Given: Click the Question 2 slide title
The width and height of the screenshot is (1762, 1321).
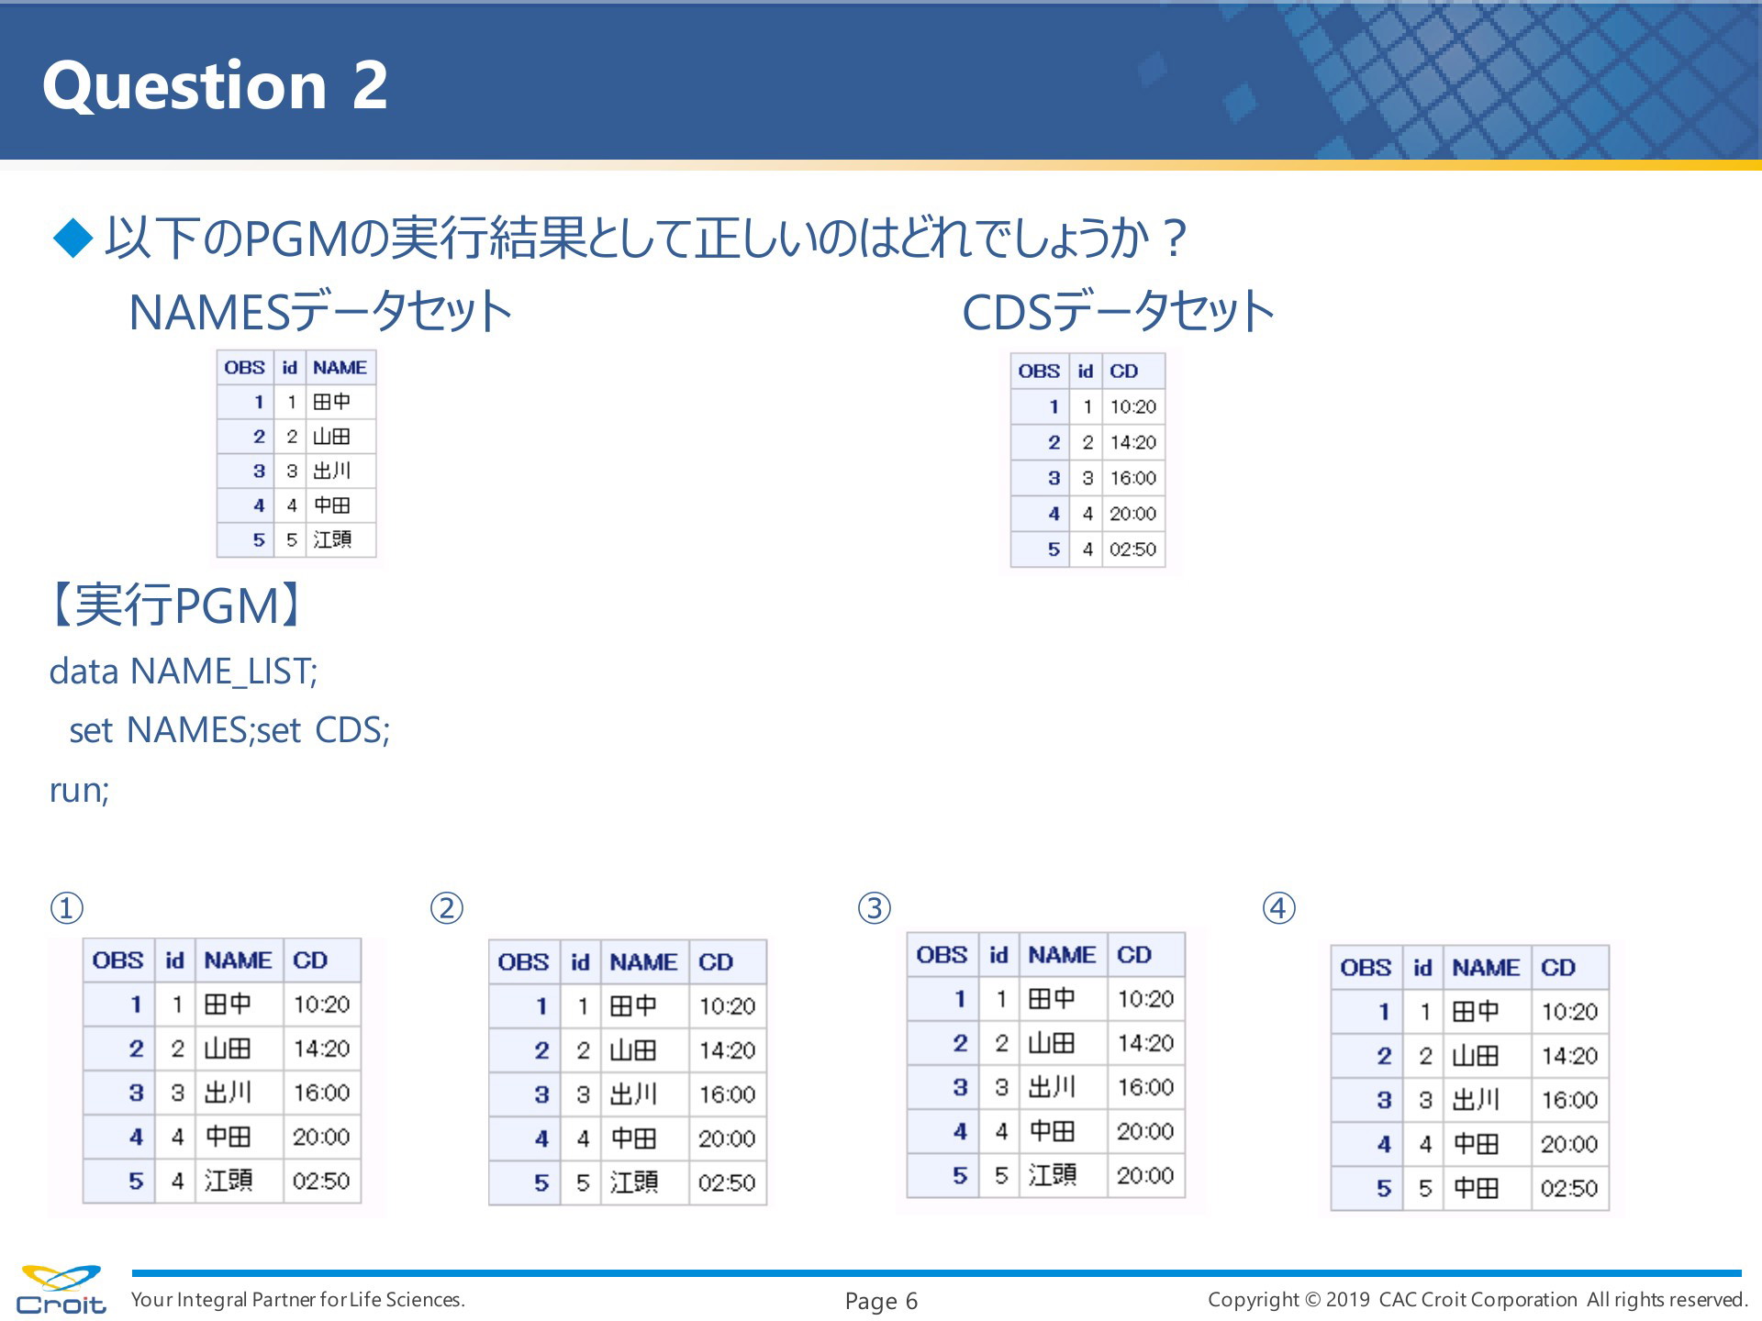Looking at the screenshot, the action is tap(216, 85).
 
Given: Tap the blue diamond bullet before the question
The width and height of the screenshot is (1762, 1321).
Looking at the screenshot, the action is tap(73, 238).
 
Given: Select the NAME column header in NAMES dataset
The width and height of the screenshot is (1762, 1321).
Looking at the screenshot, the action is tap(340, 368).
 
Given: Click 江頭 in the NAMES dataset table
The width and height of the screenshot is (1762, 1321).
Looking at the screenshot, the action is tap(331, 539).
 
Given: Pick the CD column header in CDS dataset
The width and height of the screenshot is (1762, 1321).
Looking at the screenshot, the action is tap(1123, 372).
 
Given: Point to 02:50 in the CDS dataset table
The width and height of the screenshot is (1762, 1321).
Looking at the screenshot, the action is tap(1132, 549).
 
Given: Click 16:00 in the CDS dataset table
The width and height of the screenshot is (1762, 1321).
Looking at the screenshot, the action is tap(1132, 478).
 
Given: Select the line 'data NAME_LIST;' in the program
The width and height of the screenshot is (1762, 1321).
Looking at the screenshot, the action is tap(184, 672).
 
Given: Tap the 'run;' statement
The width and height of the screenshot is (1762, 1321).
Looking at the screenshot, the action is tap(79, 790).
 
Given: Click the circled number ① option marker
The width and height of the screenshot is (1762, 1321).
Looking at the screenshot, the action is tap(66, 908).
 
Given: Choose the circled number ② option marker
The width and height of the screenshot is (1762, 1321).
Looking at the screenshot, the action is tap(447, 908).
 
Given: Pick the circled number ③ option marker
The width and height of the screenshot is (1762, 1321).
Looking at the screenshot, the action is tap(875, 908).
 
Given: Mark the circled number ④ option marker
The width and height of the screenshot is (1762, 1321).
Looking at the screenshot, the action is tap(1279, 908).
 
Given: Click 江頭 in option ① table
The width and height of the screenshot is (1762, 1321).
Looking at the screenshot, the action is tap(228, 1180).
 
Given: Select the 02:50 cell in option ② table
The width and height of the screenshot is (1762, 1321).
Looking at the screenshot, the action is tap(727, 1182).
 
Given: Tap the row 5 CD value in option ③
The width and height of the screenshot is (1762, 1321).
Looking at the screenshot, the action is tap(1145, 1175).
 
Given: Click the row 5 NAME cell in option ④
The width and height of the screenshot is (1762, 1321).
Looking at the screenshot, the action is tap(1476, 1188).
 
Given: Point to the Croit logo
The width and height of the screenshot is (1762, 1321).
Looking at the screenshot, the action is tap(61, 1290).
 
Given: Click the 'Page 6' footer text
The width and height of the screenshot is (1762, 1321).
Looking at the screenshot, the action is tap(881, 1301).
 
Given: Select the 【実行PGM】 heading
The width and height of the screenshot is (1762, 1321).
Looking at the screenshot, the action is tap(175, 605).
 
